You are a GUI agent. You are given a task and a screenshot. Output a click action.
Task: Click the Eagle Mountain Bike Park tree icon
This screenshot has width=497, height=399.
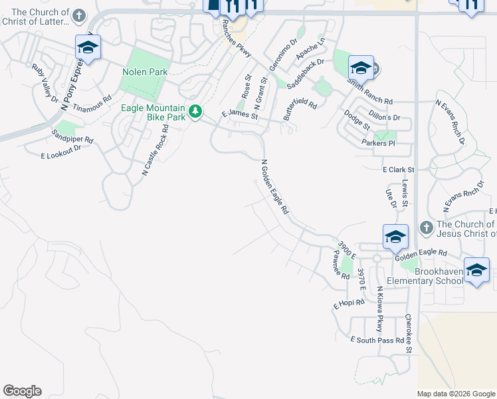point(195,112)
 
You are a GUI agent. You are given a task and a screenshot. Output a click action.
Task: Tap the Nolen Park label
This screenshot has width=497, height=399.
point(145,72)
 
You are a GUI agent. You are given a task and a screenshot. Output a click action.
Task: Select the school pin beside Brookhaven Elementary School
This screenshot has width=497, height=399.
point(476,270)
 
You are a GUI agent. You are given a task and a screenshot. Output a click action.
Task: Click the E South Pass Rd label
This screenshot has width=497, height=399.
point(377,340)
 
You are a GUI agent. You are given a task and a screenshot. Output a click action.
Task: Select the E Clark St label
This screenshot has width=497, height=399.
point(399,170)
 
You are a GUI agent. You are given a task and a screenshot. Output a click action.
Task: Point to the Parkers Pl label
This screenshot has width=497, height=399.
point(379,143)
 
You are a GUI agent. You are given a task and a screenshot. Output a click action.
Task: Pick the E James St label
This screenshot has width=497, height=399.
point(239,116)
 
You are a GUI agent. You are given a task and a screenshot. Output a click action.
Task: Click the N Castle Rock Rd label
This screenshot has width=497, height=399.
point(155,150)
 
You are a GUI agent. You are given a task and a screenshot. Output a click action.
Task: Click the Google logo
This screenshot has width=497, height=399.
point(22,391)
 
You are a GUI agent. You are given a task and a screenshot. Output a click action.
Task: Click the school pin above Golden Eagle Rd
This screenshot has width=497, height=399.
point(395,236)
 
